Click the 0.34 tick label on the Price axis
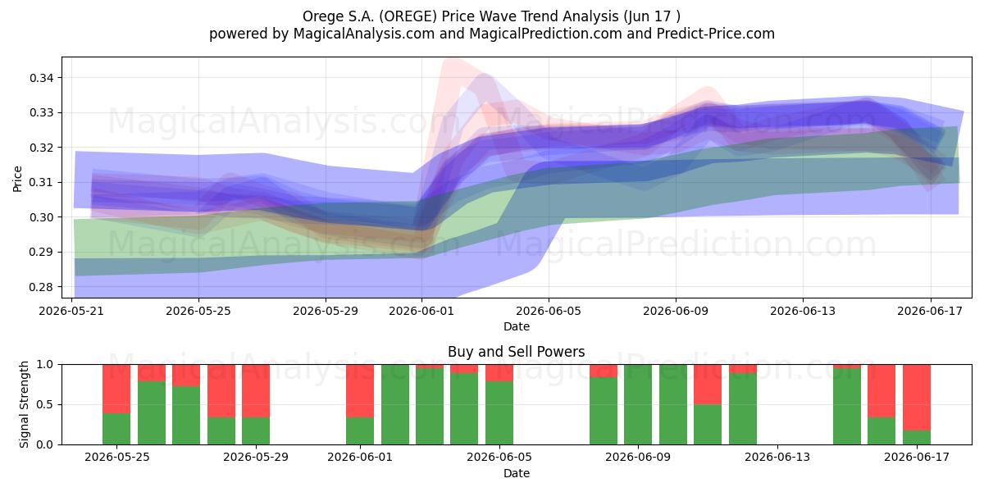click(x=41, y=78)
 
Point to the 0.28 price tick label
click(x=41, y=287)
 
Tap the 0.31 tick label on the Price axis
click(x=41, y=182)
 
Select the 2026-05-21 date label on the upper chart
click(x=71, y=311)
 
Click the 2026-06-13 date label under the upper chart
click(x=803, y=311)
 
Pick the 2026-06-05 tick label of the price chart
click(x=549, y=311)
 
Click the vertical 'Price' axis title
click(x=17, y=179)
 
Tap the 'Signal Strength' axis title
click(x=24, y=404)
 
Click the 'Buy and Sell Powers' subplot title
click(x=516, y=352)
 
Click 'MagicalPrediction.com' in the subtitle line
click(x=545, y=34)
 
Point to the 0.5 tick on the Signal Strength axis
click(x=44, y=404)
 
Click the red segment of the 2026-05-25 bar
click(x=116, y=389)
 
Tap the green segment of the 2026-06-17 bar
click(x=917, y=438)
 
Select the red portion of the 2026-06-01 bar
click(x=360, y=391)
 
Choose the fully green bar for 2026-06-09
click(x=638, y=404)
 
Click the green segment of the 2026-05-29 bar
click(x=256, y=431)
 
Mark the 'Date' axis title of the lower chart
click(x=516, y=473)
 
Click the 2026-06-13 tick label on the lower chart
click(x=777, y=457)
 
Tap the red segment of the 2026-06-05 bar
click(x=499, y=373)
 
